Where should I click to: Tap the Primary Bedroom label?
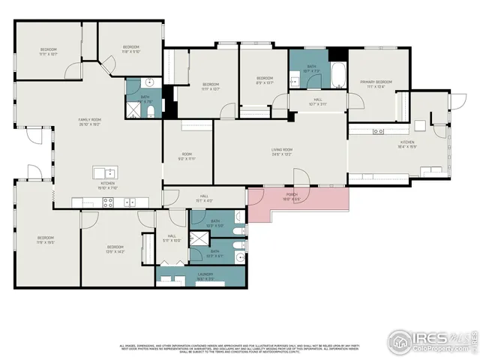click(376, 83)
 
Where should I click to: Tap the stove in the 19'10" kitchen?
click(107, 201)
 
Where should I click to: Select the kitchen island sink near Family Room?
click(104, 172)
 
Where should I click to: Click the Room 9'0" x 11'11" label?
click(187, 157)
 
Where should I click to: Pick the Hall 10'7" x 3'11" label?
click(317, 101)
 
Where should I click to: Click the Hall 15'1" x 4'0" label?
click(204, 199)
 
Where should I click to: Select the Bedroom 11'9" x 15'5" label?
click(46, 241)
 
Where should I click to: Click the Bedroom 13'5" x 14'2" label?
click(115, 249)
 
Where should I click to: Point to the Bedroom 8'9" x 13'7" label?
click(264, 81)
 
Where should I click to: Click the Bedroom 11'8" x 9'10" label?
click(132, 49)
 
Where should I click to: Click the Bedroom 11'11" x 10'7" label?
click(48, 52)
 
